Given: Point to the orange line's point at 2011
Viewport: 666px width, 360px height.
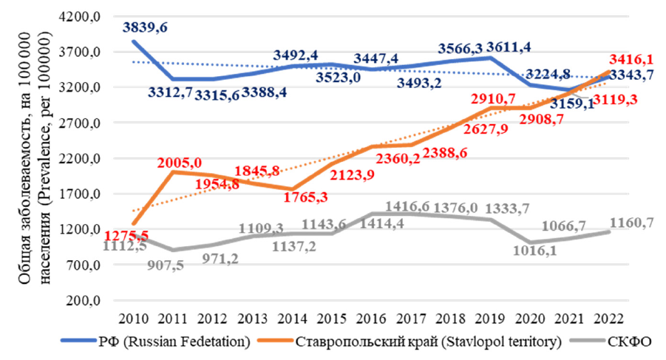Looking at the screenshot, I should tap(172, 171).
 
